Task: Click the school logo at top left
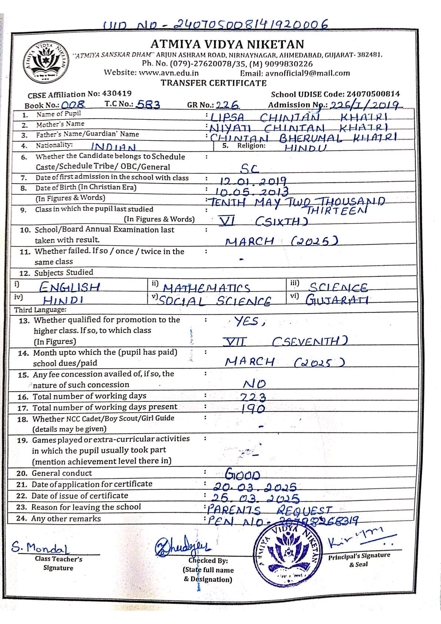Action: (x=46, y=62)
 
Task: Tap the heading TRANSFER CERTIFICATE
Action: (x=213, y=83)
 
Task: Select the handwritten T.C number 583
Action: (x=148, y=105)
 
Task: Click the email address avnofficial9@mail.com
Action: (x=307, y=73)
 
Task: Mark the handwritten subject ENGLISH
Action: (x=70, y=287)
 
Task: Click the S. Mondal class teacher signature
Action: (x=40, y=547)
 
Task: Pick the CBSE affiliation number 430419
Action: (x=117, y=93)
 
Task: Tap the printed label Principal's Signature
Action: (x=359, y=555)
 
